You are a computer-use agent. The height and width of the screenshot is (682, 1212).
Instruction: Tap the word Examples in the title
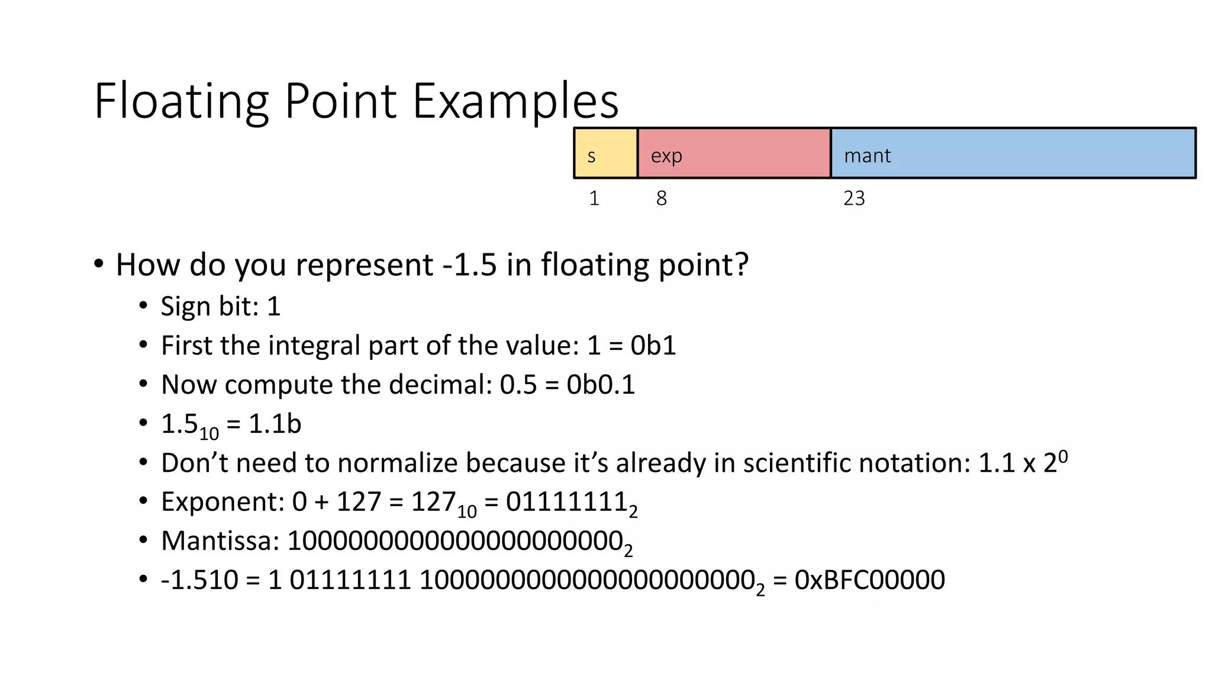pyautogui.click(x=515, y=101)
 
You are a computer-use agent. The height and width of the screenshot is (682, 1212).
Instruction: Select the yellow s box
pyautogui.click(x=605, y=153)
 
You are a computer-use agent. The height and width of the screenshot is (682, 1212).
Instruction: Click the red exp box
pyautogui.click(x=734, y=153)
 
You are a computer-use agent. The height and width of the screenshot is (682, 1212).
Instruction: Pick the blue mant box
pyautogui.click(x=1013, y=153)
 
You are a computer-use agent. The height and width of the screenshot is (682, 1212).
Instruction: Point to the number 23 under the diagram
pyautogui.click(x=854, y=198)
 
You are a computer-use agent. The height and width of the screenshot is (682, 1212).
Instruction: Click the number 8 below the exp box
pyautogui.click(x=661, y=198)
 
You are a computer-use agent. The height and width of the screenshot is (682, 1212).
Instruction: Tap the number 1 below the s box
pyautogui.click(x=594, y=198)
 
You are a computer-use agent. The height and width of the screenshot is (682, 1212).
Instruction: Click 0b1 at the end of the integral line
pyautogui.click(x=653, y=346)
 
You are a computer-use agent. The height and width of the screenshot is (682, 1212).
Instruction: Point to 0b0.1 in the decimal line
pyautogui.click(x=600, y=385)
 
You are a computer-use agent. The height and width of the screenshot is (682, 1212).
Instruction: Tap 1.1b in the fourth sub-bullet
pyautogui.click(x=275, y=424)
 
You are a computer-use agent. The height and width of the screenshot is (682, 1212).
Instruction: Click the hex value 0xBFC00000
pyautogui.click(x=869, y=580)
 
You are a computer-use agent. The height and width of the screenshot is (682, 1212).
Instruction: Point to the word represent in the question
pyautogui.click(x=364, y=265)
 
